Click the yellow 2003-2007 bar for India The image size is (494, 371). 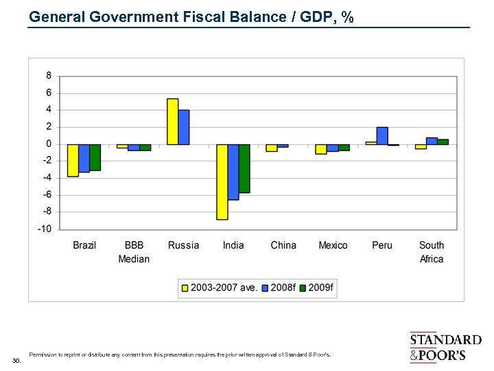click(x=222, y=181)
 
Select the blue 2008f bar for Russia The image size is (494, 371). click(x=184, y=127)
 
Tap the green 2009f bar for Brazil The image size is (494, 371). click(x=95, y=157)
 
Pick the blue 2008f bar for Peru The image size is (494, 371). click(x=382, y=135)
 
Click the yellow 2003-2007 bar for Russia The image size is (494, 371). click(x=173, y=122)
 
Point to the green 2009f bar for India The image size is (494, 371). click(x=244, y=168)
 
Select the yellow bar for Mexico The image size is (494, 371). click(x=321, y=149)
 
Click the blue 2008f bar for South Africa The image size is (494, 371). click(x=432, y=141)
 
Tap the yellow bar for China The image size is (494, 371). click(x=272, y=148)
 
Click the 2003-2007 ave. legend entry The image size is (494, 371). click(x=220, y=287)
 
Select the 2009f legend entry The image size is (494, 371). click(x=317, y=287)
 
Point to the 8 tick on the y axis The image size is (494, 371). click(x=49, y=76)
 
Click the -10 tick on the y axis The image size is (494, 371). click(x=45, y=229)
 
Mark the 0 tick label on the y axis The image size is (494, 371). click(x=49, y=144)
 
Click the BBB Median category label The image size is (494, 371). click(x=134, y=252)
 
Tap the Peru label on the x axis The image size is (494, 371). click(x=382, y=245)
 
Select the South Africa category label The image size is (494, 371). click(x=432, y=252)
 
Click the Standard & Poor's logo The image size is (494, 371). click(x=445, y=347)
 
